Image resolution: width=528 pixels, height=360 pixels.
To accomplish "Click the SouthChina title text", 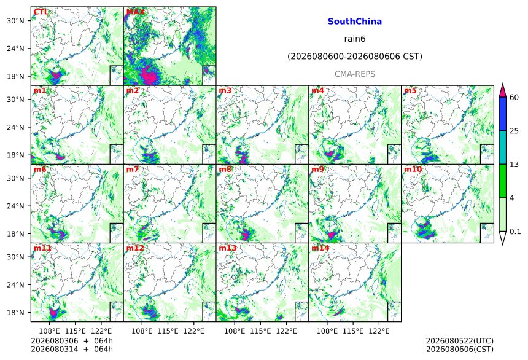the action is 355,22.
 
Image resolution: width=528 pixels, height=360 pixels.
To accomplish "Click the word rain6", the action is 355,39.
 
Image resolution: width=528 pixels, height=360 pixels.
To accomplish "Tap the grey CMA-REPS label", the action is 355,74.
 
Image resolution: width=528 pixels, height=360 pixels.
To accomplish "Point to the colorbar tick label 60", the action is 514,98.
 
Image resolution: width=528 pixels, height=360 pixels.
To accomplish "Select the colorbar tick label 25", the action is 514,131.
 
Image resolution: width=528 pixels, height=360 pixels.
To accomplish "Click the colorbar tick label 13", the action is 514,165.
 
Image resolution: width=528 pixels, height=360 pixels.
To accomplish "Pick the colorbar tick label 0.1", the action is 515,232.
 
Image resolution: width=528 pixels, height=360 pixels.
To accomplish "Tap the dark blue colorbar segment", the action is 502,114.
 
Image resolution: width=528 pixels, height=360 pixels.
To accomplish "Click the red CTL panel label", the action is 41,12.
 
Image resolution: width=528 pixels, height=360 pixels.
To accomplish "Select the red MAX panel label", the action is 135,12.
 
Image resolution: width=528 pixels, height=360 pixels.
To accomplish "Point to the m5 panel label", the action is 410,91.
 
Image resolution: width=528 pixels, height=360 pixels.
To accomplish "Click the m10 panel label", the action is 413,169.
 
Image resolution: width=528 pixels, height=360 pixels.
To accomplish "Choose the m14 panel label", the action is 320,248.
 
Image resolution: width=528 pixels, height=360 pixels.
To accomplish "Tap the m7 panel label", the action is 133,169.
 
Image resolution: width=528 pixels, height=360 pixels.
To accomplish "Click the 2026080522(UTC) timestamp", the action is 460,341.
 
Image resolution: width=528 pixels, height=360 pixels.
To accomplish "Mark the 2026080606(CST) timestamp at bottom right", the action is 460,349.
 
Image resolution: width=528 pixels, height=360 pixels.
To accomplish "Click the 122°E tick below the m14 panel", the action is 379,331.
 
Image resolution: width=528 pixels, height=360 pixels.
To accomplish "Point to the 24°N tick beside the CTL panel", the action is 15,49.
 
